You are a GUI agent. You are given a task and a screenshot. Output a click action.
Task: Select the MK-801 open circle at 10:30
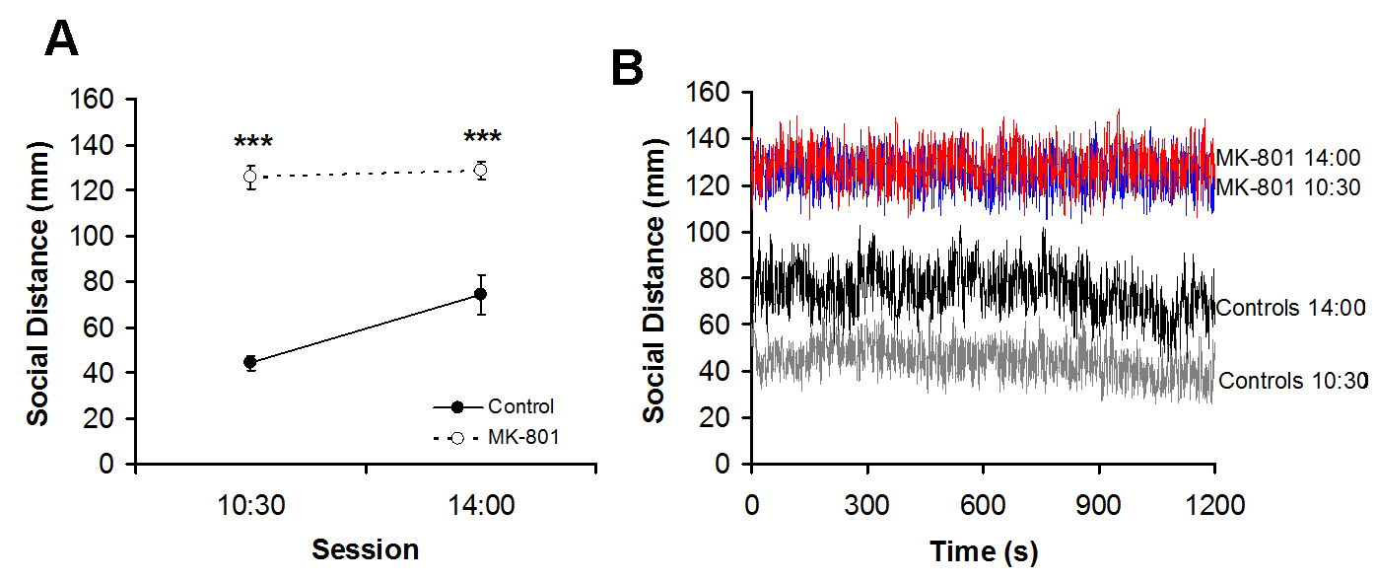[x=250, y=177]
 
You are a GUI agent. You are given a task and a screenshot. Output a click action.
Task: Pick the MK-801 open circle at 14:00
[x=480, y=170]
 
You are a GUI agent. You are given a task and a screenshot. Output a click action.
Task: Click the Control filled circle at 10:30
[x=250, y=362]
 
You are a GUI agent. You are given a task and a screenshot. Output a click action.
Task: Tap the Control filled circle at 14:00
[x=480, y=294]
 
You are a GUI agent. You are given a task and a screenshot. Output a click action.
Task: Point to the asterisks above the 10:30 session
[x=253, y=141]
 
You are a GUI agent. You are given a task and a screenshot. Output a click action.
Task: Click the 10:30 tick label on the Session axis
[x=250, y=505]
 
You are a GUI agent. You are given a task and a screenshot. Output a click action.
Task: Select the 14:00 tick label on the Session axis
[x=480, y=505]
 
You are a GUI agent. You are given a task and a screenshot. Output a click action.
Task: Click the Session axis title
[x=365, y=549]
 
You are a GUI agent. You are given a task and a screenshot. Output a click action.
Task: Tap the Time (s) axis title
[x=983, y=553]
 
